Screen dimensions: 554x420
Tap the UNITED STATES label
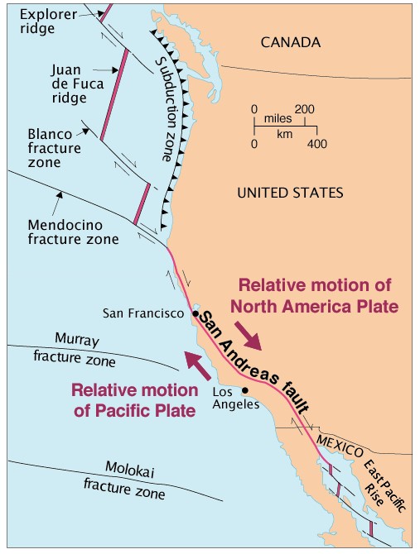click(x=290, y=193)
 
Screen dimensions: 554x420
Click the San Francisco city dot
click(x=196, y=313)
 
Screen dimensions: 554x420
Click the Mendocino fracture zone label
click(x=74, y=231)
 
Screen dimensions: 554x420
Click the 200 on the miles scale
click(x=304, y=108)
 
